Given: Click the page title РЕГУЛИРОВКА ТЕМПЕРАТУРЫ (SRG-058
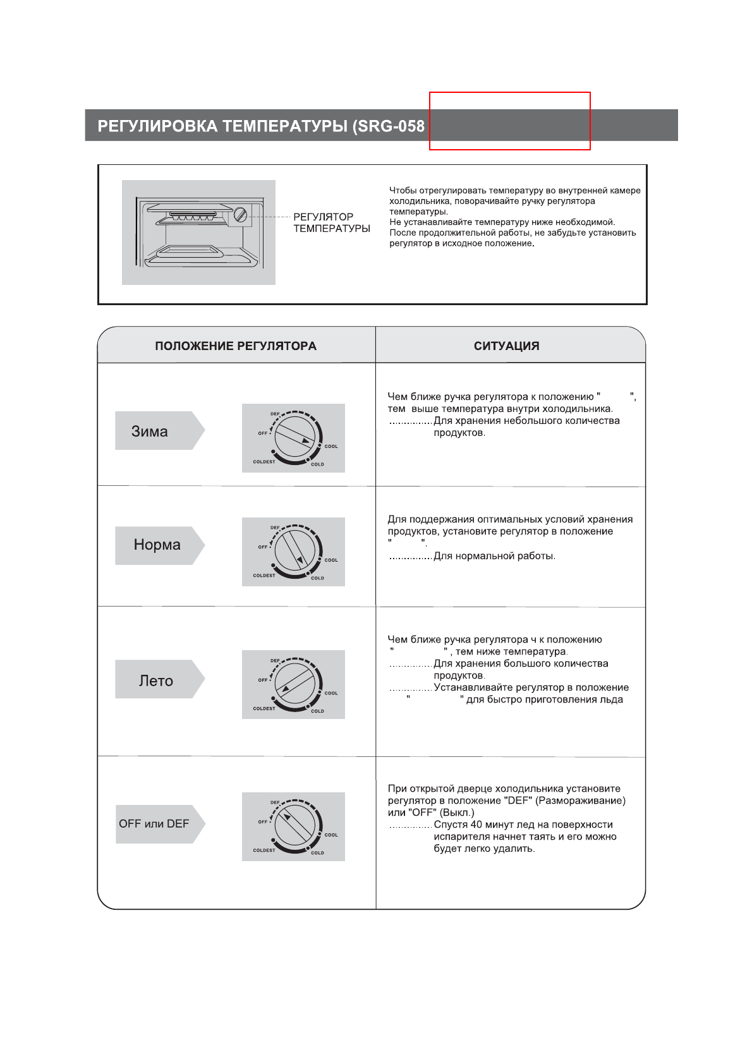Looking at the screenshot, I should point(260,126).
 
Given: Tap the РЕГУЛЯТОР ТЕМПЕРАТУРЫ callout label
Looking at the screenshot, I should point(331,222).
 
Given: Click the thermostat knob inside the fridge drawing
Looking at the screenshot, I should point(240,215).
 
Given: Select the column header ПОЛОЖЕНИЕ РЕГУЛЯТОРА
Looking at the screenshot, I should point(236,346).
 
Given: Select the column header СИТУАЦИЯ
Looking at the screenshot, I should point(506,346).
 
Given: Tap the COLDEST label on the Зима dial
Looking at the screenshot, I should point(264,462).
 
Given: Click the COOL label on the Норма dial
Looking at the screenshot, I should point(331,560).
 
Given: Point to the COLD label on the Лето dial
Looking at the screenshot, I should point(317,711).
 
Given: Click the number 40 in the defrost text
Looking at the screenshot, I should point(476,825).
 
